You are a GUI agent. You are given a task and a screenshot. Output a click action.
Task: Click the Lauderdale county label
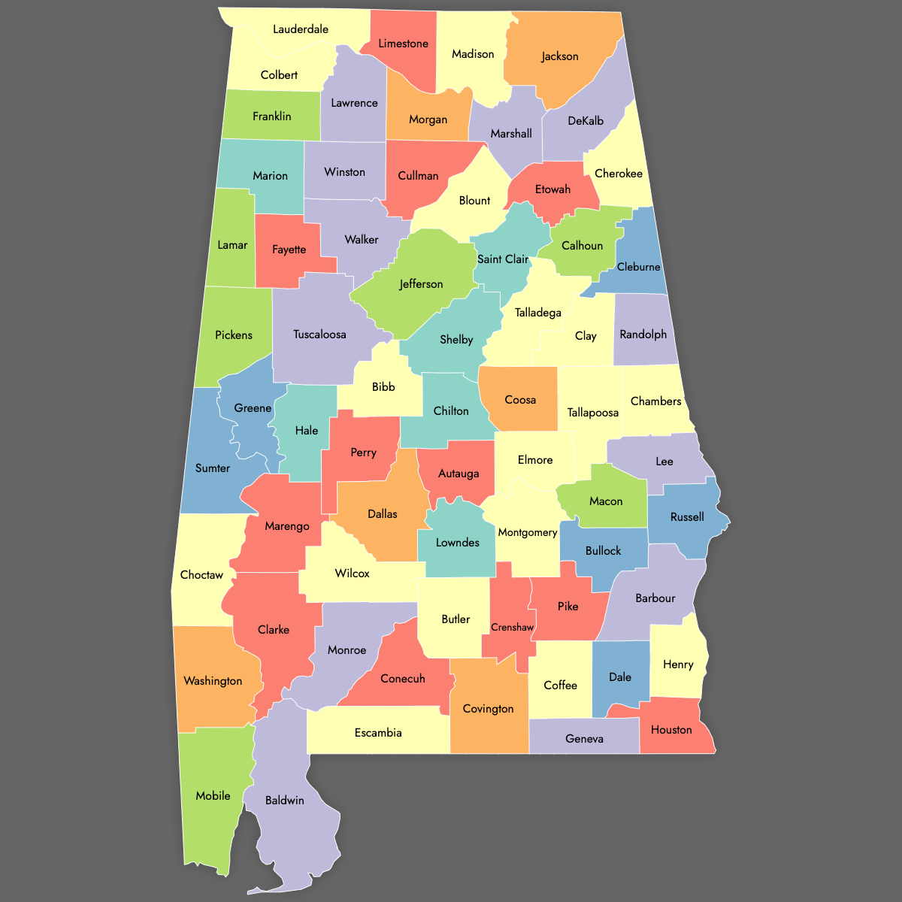point(301,29)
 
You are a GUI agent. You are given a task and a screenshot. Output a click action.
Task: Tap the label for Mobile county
point(213,795)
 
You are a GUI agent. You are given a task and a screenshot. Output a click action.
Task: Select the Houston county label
point(671,730)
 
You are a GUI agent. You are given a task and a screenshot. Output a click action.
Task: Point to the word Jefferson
point(421,284)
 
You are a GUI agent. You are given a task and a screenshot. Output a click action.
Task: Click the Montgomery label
point(528,532)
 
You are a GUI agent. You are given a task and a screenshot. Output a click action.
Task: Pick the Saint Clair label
point(503,259)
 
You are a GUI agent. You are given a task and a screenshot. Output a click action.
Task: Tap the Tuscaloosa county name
point(319,334)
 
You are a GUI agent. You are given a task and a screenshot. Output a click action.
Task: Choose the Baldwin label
point(285,801)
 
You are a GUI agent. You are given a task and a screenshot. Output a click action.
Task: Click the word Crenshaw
point(512,628)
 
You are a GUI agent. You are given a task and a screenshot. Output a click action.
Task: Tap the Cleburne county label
point(638,267)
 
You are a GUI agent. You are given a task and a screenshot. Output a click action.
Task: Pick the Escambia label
point(378,733)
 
